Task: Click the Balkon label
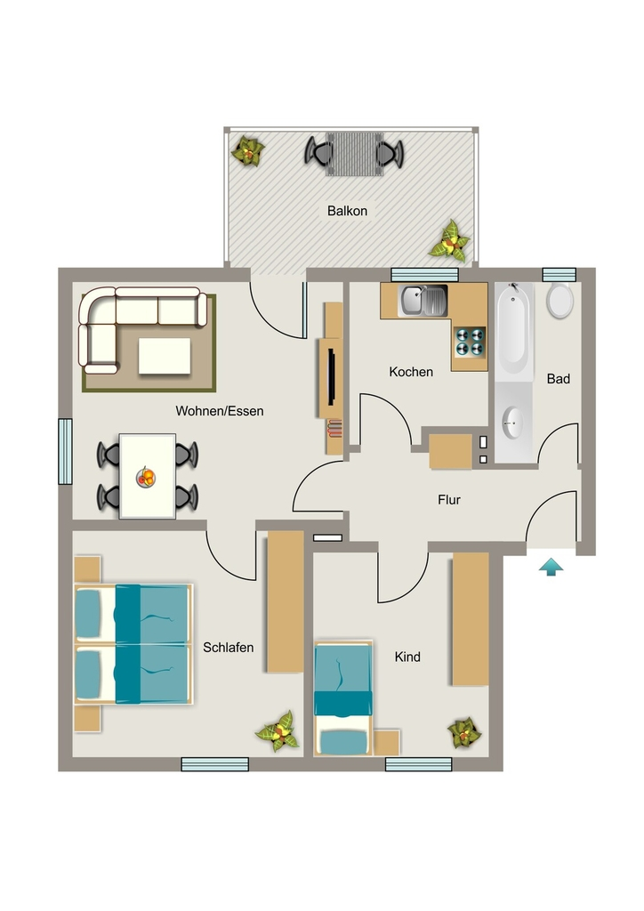(x=347, y=211)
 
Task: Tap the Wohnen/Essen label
(x=220, y=411)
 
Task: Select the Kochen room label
(x=411, y=372)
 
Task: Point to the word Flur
(x=449, y=500)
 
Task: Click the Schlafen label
(x=229, y=648)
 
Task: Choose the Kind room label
(x=407, y=657)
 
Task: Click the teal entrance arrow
(x=551, y=567)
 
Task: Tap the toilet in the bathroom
(x=559, y=300)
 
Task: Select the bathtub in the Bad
(x=513, y=331)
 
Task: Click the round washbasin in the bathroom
(x=512, y=423)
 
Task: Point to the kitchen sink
(x=423, y=300)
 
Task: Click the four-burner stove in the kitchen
(x=470, y=343)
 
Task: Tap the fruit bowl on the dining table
(x=147, y=478)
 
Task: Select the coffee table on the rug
(x=165, y=356)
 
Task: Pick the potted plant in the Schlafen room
(x=278, y=732)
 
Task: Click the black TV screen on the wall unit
(x=332, y=376)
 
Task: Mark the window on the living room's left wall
(x=65, y=451)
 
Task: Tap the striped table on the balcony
(x=354, y=153)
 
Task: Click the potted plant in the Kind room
(x=464, y=733)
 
